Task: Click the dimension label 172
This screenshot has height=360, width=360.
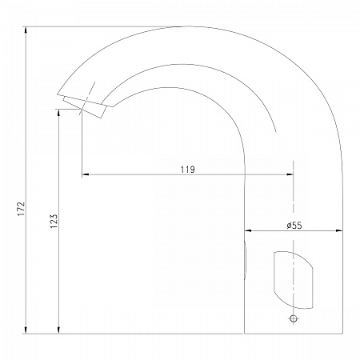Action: (21, 209)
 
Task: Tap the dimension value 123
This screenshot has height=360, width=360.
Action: (54, 221)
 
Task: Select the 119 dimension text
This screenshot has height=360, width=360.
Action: (187, 170)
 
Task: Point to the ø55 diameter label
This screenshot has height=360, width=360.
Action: (294, 226)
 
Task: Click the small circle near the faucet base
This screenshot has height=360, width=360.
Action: (294, 318)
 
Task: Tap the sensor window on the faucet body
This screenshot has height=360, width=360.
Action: (294, 280)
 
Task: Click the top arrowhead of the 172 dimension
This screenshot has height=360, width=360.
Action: (26, 30)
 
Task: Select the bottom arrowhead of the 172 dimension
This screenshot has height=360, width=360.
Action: (26, 330)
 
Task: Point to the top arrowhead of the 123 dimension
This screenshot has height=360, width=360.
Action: (59, 112)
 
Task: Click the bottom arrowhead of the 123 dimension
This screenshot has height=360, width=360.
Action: (59, 330)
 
